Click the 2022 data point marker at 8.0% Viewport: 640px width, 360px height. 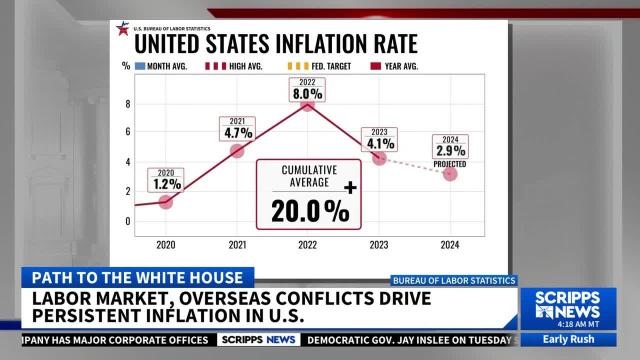(307, 104)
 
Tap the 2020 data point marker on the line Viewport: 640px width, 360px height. (165, 202)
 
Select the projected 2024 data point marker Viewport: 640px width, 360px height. (450, 173)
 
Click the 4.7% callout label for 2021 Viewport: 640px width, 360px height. (237, 129)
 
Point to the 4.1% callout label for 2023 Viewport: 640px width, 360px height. (379, 139)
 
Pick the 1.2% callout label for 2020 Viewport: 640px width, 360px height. (165, 180)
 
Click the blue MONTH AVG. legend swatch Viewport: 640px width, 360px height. (140, 66)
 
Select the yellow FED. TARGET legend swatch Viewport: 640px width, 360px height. (298, 66)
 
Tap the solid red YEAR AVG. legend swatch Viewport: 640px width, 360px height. (375, 66)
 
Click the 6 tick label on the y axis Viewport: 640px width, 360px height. (127, 131)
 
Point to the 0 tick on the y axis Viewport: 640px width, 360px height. (127, 221)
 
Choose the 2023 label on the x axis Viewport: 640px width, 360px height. (379, 245)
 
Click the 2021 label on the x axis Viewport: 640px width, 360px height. (237, 245)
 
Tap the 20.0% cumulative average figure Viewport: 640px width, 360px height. (310, 211)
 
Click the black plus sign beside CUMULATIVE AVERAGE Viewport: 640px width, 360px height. (350, 187)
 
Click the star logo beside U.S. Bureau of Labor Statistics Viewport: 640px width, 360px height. (123, 28)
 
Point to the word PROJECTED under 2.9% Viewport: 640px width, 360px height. (449, 164)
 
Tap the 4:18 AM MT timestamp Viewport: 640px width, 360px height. (578, 324)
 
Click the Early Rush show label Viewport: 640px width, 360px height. (568, 339)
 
